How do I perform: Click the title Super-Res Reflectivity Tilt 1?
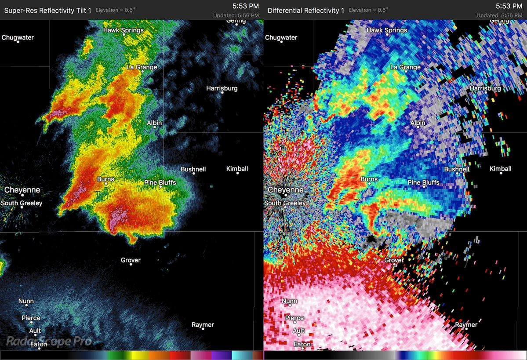[x=47, y=10]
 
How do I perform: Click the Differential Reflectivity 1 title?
[x=306, y=10]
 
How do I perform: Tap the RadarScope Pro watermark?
[x=49, y=341]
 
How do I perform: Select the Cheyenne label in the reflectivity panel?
[x=22, y=190]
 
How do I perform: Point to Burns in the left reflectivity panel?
[x=105, y=179]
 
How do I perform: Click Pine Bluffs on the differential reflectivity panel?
[x=423, y=182]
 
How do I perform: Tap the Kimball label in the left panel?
[x=237, y=169]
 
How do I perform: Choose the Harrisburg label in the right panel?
[x=485, y=88]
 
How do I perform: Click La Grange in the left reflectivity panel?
[x=142, y=67]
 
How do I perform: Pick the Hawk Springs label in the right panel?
[x=387, y=30]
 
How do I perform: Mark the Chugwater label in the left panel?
[x=18, y=37]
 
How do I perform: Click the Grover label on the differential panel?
[x=394, y=260]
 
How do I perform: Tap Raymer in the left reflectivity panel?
[x=203, y=325]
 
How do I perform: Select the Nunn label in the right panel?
[x=289, y=302]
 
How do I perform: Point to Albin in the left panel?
[x=154, y=123]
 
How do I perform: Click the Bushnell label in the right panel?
[x=457, y=169]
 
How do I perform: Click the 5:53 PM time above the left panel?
[x=246, y=6]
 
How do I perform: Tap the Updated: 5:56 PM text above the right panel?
[x=499, y=15]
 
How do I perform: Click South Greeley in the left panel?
[x=22, y=203]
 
